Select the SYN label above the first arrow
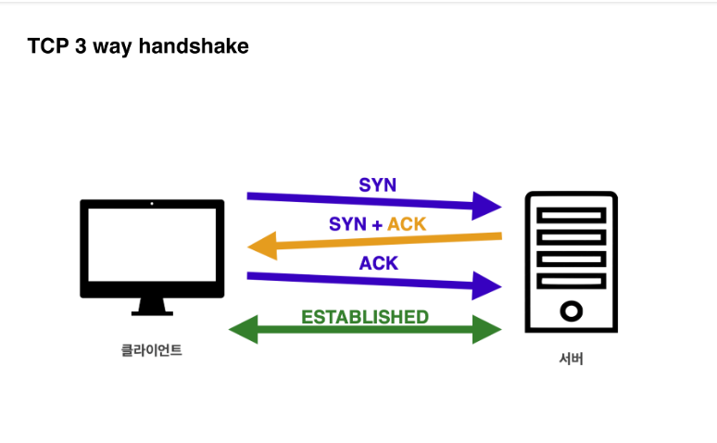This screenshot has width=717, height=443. coord(377,184)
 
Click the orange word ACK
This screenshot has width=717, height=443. coord(407,224)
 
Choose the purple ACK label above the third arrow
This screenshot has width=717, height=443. coord(378,263)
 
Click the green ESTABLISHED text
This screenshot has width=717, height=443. coord(365,317)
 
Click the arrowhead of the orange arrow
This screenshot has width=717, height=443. coord(262,246)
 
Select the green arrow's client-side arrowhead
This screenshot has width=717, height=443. coord(244,329)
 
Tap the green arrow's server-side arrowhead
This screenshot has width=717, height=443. coord(486,329)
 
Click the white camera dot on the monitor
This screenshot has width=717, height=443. coord(152,203)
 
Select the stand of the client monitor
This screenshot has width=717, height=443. coord(152,307)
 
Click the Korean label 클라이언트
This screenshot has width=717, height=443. coord(152,351)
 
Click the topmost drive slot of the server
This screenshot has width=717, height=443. coord(571,215)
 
